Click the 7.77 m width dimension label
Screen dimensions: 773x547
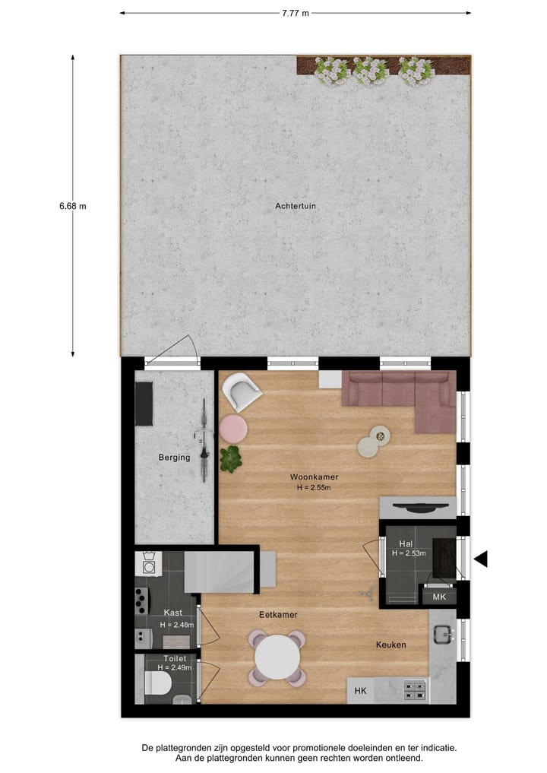(295, 12)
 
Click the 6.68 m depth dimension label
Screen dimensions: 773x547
(73, 205)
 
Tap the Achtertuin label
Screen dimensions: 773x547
(296, 205)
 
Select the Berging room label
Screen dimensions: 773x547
(173, 457)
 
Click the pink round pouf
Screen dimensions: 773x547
(234, 429)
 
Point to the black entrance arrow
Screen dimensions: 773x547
(480, 559)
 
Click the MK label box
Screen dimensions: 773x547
(439, 597)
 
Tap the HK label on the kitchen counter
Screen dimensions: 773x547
(360, 690)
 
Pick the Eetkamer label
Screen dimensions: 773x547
(278, 614)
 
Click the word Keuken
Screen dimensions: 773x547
(390, 645)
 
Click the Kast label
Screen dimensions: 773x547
(172, 613)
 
